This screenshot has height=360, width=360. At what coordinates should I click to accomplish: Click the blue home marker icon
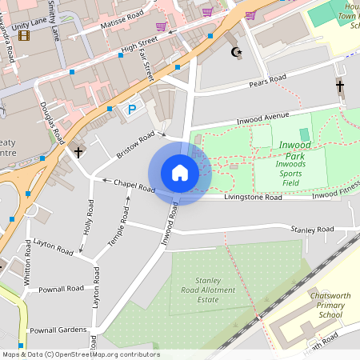(x=180, y=173)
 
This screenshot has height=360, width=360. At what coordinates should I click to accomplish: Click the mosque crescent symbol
(x=235, y=53)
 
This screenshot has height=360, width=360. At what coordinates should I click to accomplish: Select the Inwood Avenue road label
(x=262, y=118)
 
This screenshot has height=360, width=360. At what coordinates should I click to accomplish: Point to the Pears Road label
(x=267, y=81)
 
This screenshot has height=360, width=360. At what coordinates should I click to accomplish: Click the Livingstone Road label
(x=253, y=196)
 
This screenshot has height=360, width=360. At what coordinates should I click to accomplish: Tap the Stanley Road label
(x=312, y=230)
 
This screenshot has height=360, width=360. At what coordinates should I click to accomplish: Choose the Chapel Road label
(x=134, y=185)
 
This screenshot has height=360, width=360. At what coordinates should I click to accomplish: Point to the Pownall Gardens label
(x=57, y=330)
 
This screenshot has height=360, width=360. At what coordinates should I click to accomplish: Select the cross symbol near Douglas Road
(x=78, y=150)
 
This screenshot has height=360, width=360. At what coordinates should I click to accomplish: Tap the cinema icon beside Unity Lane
(x=24, y=36)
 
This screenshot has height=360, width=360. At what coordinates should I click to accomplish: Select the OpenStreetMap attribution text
(x=80, y=354)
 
